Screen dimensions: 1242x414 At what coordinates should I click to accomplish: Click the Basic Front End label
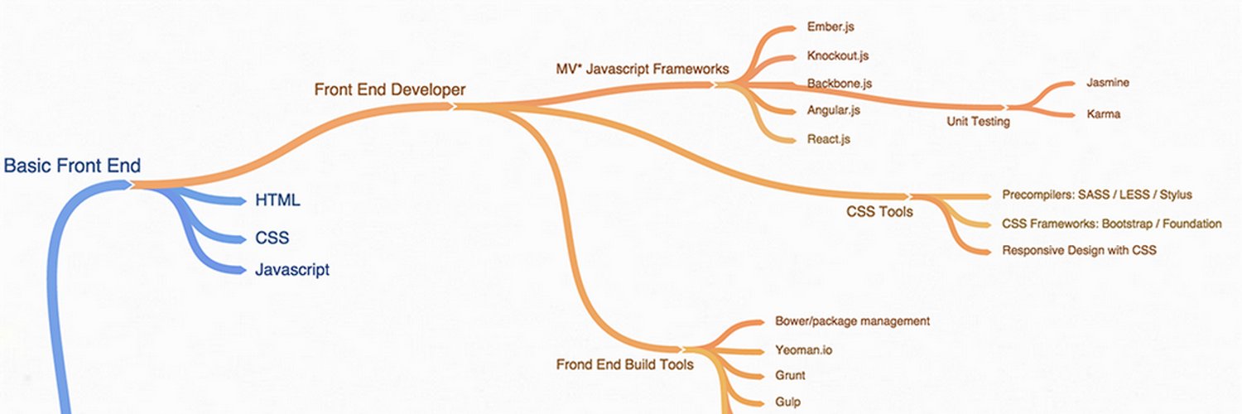point(72,166)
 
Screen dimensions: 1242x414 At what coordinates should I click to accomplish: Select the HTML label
point(277,200)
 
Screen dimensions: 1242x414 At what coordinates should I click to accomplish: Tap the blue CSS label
point(272,238)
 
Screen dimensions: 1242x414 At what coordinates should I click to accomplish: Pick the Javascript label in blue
point(292,269)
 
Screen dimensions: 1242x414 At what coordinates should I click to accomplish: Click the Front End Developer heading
point(390,89)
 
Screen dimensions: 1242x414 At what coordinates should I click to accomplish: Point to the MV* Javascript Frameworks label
point(642,70)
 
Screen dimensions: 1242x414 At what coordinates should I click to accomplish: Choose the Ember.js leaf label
point(830,26)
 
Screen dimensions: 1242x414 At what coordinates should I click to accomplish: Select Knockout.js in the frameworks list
point(838,55)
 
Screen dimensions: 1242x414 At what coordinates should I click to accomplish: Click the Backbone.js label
point(840,83)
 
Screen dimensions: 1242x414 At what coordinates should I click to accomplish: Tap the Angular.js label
point(833,110)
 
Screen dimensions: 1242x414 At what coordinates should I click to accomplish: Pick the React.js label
point(828,139)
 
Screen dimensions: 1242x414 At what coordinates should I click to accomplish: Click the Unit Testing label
point(978,122)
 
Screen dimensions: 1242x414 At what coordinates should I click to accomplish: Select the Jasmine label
point(1108,83)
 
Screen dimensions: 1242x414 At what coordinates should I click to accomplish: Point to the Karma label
point(1104,114)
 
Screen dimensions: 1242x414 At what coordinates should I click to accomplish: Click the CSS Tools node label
point(879,212)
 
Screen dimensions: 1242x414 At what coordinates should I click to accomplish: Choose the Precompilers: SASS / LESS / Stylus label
point(1097,195)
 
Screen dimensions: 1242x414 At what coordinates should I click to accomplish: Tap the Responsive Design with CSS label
point(1079,251)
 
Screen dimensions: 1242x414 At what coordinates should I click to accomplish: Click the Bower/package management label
point(852,321)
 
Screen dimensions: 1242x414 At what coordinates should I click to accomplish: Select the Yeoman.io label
point(803,350)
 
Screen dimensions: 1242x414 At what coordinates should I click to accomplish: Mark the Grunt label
point(790,376)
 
